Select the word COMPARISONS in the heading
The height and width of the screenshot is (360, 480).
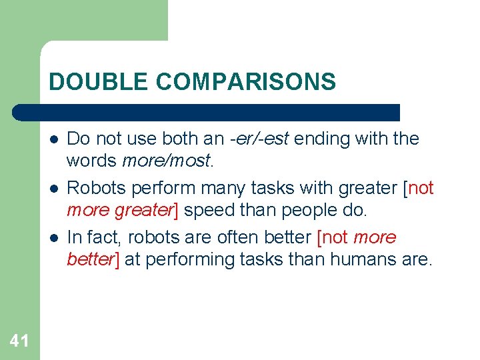246,82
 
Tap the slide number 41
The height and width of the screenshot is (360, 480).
19,341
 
